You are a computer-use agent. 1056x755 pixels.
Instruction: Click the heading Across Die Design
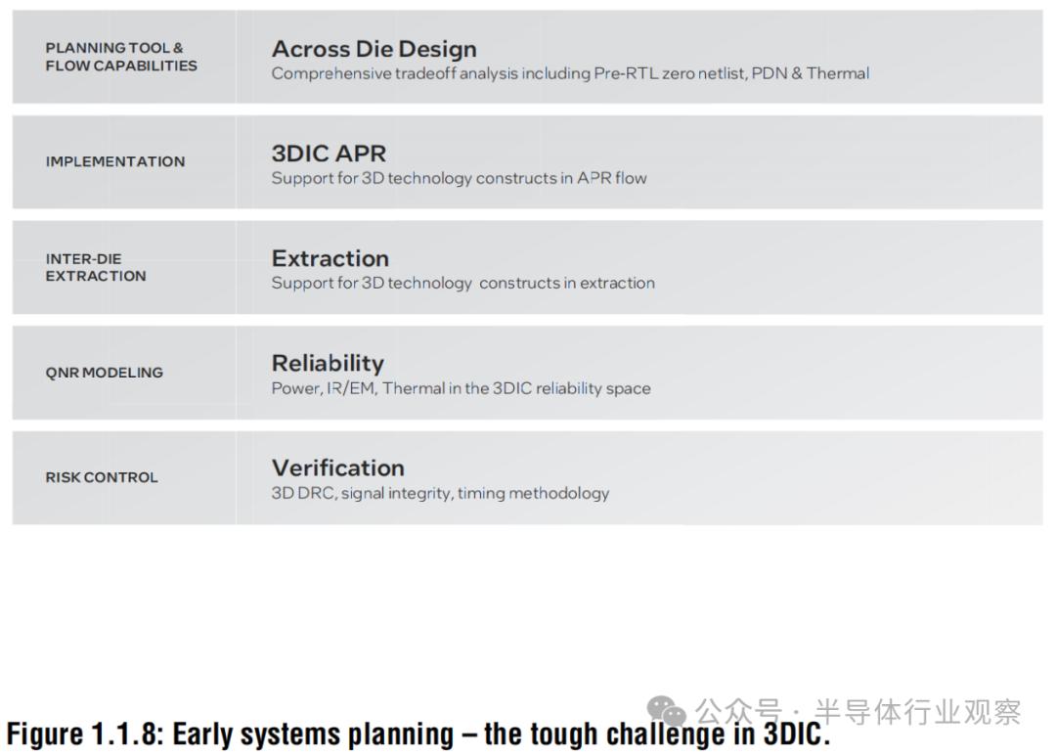point(374,49)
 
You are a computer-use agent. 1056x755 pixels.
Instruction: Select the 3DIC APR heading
point(329,154)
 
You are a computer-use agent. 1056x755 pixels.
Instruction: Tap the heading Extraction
point(330,258)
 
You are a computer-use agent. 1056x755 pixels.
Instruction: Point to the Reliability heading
point(328,364)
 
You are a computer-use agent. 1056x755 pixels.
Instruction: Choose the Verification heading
point(338,468)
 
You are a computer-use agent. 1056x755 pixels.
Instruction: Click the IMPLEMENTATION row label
point(115,161)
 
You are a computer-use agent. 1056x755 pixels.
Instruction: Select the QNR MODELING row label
point(105,373)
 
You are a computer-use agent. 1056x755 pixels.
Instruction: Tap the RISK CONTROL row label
point(102,477)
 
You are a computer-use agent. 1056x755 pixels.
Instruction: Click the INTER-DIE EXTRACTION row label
point(96,267)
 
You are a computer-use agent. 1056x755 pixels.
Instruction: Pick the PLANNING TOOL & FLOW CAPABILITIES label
point(121,57)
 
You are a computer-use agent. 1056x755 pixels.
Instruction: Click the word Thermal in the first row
point(838,73)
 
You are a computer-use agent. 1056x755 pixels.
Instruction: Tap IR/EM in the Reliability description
point(351,388)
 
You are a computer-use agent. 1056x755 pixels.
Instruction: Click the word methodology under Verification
point(559,494)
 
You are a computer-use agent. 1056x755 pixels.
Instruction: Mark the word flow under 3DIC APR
point(631,178)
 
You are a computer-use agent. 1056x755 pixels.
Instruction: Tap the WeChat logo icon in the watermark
point(666,711)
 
